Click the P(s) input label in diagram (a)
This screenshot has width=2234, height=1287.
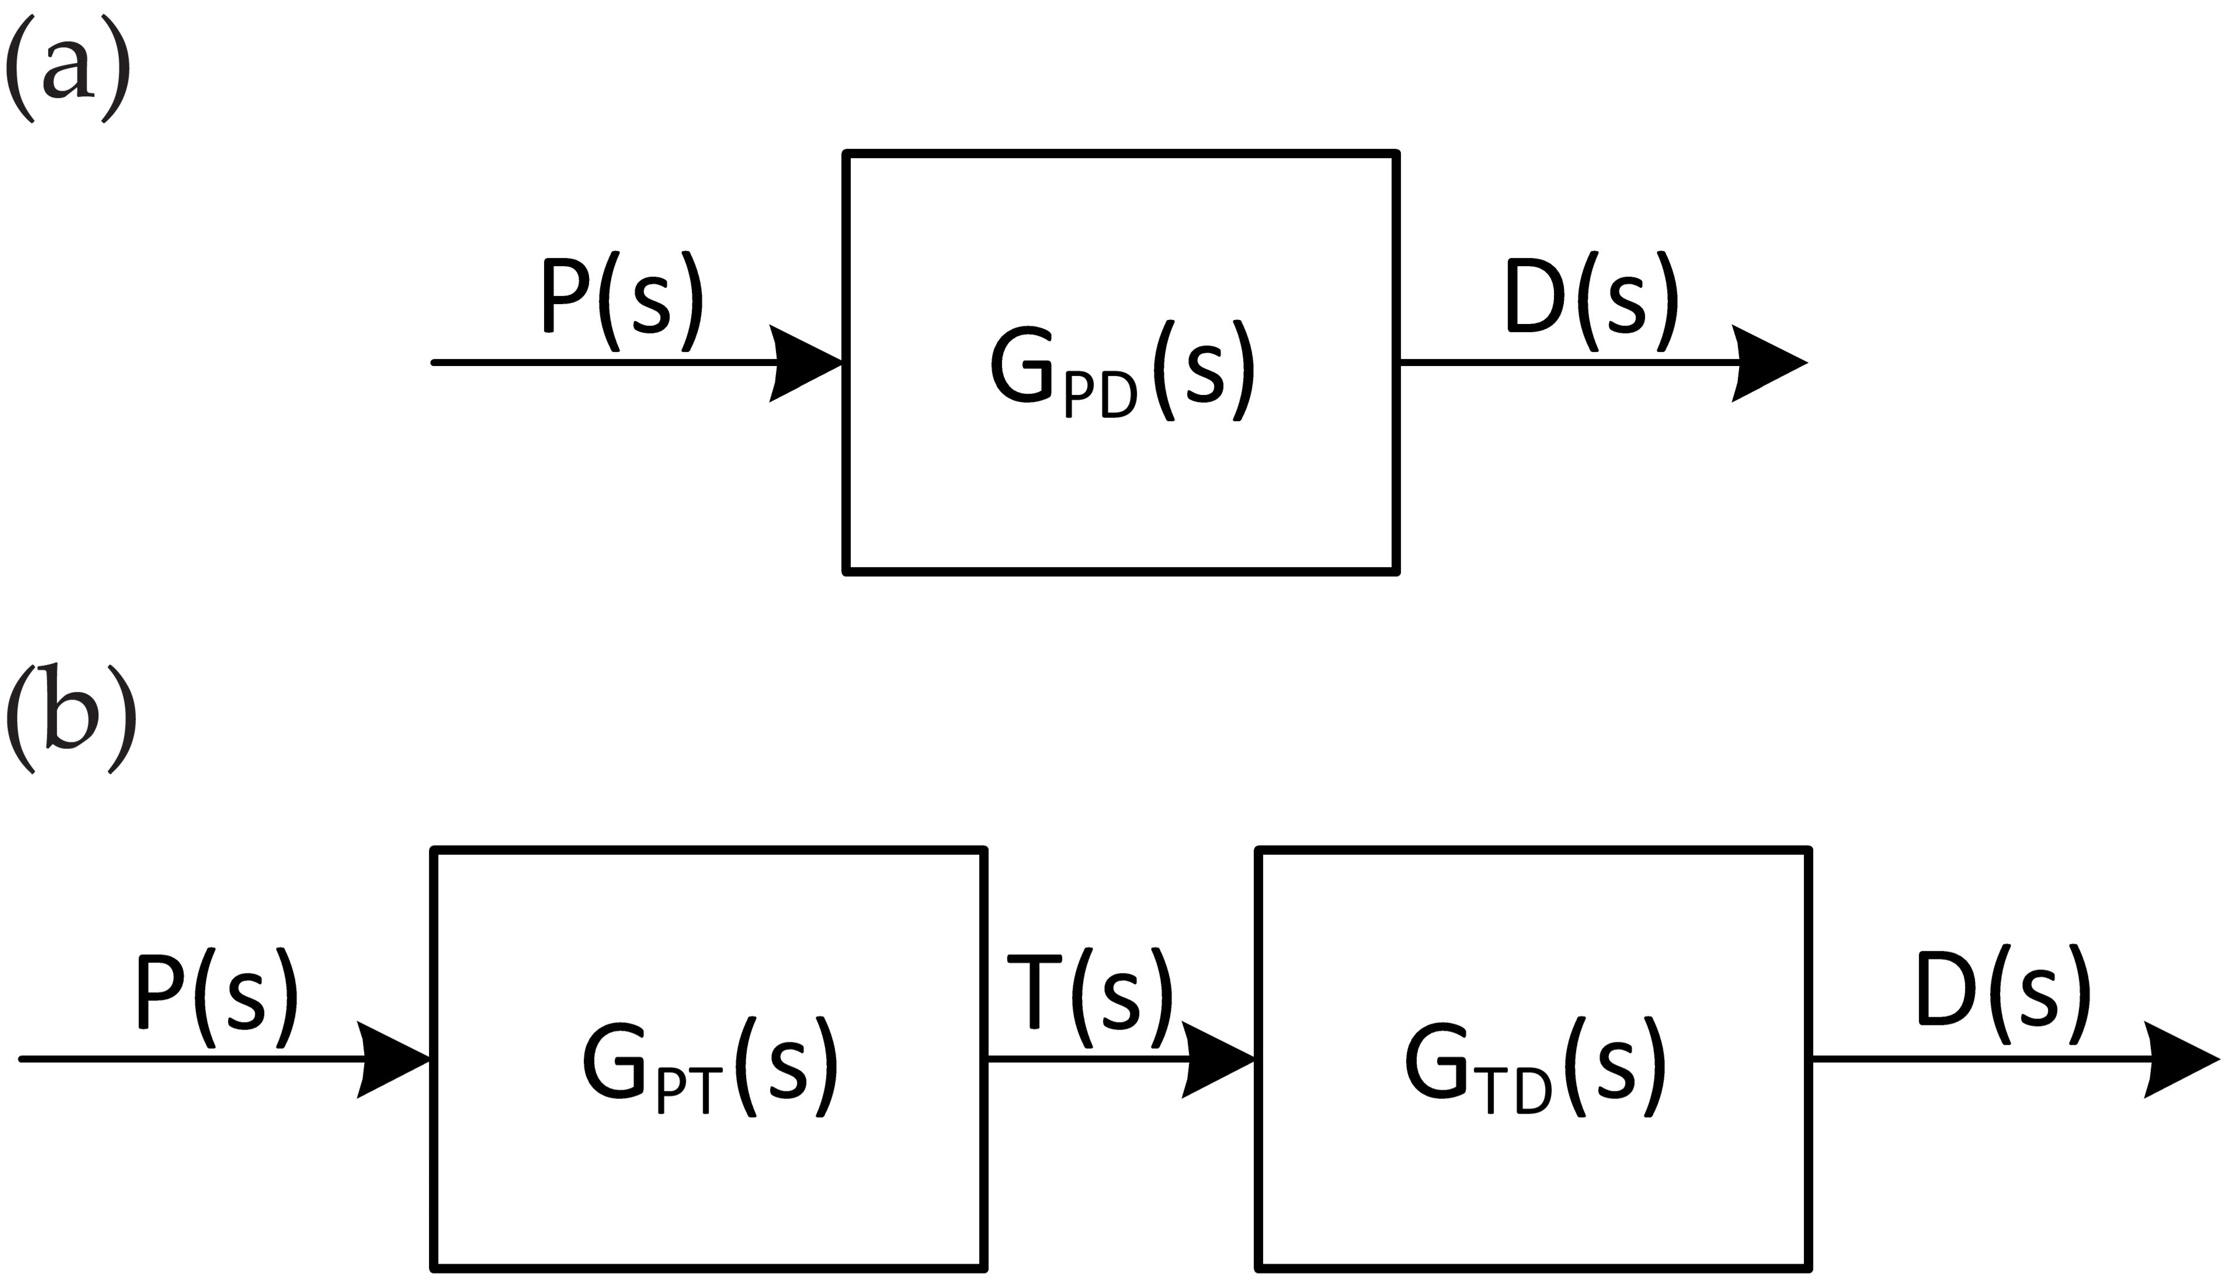point(620,302)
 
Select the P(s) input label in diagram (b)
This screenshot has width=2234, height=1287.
point(215,999)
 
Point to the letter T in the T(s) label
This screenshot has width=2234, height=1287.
point(1034,992)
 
